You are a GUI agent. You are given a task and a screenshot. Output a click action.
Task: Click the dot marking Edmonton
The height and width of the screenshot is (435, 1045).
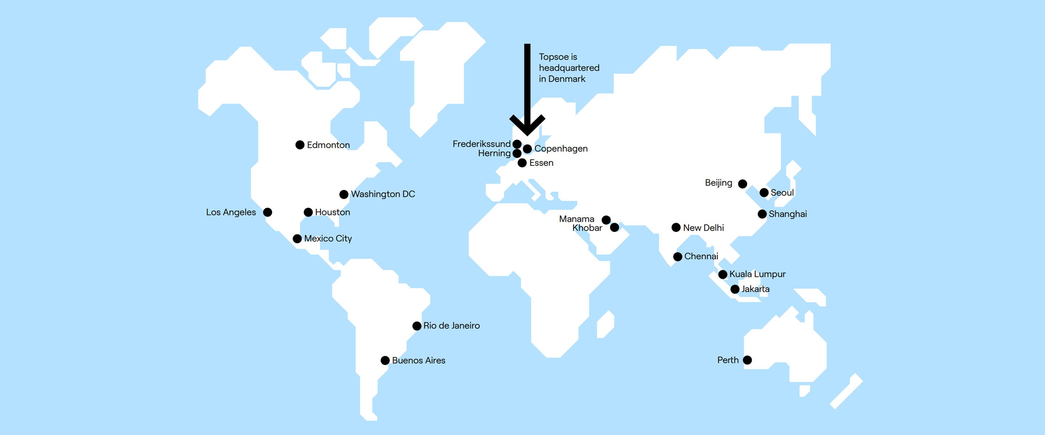tap(300, 145)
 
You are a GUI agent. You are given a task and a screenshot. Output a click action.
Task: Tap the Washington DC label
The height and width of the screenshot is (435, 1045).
tap(382, 194)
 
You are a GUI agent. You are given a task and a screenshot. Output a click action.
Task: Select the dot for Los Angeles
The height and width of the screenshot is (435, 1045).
tap(267, 212)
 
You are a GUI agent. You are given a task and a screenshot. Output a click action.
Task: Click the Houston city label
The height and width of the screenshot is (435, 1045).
tap(332, 212)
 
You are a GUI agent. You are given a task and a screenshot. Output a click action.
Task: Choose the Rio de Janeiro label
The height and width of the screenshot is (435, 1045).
tap(451, 326)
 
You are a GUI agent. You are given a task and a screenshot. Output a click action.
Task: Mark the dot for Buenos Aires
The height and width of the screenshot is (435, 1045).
tap(385, 360)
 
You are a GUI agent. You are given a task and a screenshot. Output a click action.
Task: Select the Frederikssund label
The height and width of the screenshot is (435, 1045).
tap(481, 144)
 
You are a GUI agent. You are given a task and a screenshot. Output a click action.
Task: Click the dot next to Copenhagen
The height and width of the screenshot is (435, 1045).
tap(527, 149)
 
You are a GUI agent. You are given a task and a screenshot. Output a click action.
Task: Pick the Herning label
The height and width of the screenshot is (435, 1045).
tap(494, 153)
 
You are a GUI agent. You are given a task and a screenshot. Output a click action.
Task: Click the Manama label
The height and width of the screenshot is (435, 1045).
tap(576, 219)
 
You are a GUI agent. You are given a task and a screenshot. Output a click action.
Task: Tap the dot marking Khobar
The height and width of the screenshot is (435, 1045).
tap(615, 227)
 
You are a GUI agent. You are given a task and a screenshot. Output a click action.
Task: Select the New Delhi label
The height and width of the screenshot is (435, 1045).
tap(703, 228)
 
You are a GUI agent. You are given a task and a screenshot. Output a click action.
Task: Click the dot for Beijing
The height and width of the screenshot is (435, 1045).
tap(742, 184)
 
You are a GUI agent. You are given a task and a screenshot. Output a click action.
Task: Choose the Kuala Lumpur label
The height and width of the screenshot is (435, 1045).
tap(757, 274)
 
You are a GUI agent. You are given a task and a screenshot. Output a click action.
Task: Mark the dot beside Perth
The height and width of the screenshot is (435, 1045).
tap(747, 360)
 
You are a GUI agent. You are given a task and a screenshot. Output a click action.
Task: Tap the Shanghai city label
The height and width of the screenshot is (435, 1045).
tap(787, 214)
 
